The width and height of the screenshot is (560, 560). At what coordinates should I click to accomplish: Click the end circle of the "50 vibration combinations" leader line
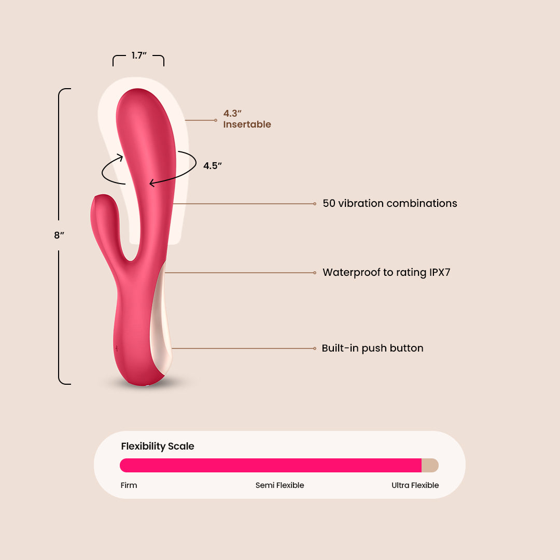(x=315, y=204)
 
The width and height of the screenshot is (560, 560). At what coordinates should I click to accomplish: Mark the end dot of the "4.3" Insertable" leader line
(x=216, y=120)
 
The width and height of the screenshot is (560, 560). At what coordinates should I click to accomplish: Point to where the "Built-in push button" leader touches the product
(x=172, y=348)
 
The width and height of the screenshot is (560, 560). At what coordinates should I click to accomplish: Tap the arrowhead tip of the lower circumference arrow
(x=150, y=184)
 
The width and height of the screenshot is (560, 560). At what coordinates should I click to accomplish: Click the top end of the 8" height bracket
(x=71, y=89)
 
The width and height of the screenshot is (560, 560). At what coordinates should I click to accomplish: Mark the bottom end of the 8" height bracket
(x=71, y=384)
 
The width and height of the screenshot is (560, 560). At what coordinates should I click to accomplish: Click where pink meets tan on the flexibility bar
(x=422, y=465)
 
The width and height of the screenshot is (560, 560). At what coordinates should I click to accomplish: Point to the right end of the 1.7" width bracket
(x=164, y=66)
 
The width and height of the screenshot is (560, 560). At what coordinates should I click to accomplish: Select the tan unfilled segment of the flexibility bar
(x=430, y=465)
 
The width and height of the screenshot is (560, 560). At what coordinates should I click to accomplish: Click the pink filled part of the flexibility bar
(x=271, y=465)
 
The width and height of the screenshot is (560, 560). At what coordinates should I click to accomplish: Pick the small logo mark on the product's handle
(x=117, y=348)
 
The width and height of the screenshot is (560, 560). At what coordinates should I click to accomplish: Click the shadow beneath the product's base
(x=146, y=384)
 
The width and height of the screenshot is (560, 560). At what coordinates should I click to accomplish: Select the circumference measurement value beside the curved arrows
(x=213, y=166)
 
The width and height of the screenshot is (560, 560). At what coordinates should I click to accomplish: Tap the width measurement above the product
(x=139, y=55)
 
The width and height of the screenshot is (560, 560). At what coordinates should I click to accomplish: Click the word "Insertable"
(x=247, y=124)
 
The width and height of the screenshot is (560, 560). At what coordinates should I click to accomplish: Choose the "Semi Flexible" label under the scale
(x=279, y=485)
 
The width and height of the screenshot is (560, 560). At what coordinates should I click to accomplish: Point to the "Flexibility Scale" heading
(x=158, y=446)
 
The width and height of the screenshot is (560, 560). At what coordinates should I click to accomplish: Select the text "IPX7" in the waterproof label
(x=440, y=273)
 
